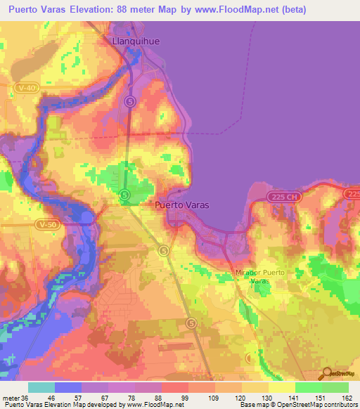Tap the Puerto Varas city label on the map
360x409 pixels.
[181, 206]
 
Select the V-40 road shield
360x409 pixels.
[27, 87]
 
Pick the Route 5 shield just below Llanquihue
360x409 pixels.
[130, 101]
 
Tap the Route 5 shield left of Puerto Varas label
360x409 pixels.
[124, 194]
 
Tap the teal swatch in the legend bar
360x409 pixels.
[41, 387]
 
